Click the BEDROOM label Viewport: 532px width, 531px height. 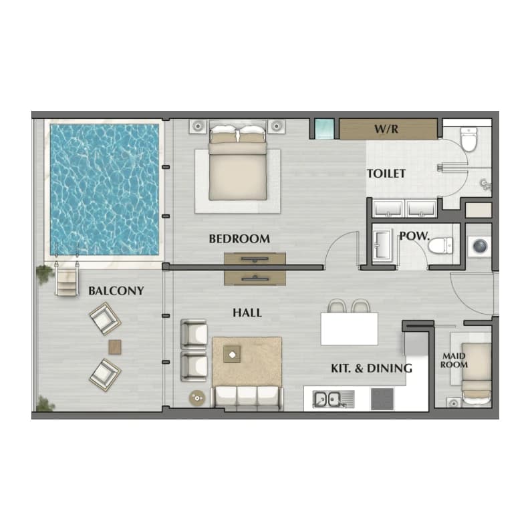tap(239, 238)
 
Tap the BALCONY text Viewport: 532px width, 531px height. tap(116, 291)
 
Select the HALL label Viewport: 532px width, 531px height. tap(247, 313)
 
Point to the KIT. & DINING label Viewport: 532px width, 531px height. tap(372, 368)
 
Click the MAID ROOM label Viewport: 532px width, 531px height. tap(454, 361)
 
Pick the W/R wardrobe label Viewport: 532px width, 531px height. tap(386, 129)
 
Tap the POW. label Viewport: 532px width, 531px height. tap(414, 236)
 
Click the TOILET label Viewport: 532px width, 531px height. tap(386, 174)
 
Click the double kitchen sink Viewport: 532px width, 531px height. tap(334, 399)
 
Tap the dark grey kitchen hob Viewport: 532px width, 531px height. tap(382, 399)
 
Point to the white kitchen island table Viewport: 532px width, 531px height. tap(349, 329)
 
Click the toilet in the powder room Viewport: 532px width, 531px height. tap(440, 246)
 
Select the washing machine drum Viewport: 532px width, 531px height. tap(479, 246)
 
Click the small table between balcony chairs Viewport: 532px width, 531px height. tap(115, 347)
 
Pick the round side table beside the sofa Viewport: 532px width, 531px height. tap(197, 397)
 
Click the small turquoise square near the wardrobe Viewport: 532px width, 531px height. tap(324, 129)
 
